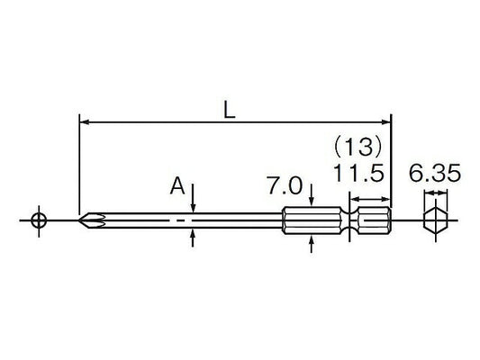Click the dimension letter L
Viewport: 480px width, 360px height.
[x=230, y=110]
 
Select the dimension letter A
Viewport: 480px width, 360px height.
[x=177, y=186]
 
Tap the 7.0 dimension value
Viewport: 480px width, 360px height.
[x=285, y=185]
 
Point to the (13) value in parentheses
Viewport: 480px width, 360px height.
[x=358, y=147]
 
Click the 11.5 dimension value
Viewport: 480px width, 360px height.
[x=358, y=173]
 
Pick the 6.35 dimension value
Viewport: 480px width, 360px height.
[x=435, y=173]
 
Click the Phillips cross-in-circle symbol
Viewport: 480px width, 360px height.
[x=39, y=220]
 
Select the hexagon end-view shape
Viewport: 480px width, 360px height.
[x=436, y=220]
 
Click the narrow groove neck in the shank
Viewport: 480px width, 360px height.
[x=349, y=220]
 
